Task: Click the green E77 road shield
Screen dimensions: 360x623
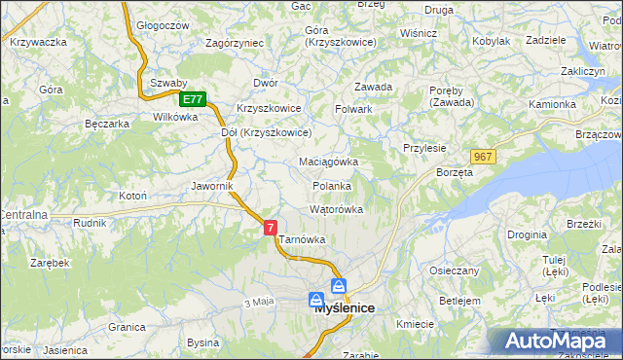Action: [193, 99]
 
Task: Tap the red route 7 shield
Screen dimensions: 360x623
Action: [271, 227]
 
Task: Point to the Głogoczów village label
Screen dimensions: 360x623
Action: [163, 26]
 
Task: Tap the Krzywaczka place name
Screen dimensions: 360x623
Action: [37, 42]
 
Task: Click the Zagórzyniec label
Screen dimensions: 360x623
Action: [235, 43]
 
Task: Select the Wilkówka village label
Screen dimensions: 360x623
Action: [175, 117]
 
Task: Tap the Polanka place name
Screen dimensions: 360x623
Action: [331, 185]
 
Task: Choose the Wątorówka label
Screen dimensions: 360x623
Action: [336, 209]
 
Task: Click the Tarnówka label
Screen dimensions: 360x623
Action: [302, 238]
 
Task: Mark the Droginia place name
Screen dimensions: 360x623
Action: [527, 234]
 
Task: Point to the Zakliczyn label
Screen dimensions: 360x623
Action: [583, 71]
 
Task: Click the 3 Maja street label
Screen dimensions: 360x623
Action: [259, 303]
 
